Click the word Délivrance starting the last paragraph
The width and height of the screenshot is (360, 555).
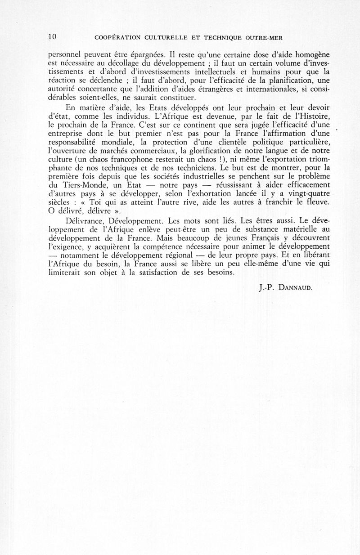tap(85, 221)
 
